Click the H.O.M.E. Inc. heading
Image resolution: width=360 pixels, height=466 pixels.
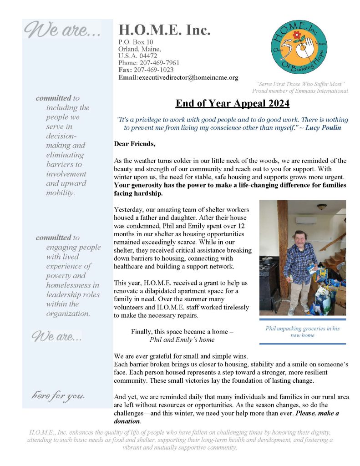(x=164, y=30)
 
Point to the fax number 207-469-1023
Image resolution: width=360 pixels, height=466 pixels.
(x=153, y=70)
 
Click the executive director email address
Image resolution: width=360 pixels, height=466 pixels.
(x=188, y=77)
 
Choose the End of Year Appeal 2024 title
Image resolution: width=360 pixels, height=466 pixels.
(x=233, y=104)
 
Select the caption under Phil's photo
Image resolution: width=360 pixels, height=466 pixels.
(x=302, y=332)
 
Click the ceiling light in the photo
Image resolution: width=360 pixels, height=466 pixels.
(x=322, y=207)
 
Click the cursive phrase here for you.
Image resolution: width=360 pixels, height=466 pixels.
(x=58, y=395)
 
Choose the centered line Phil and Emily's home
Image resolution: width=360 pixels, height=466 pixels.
(x=182, y=339)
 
